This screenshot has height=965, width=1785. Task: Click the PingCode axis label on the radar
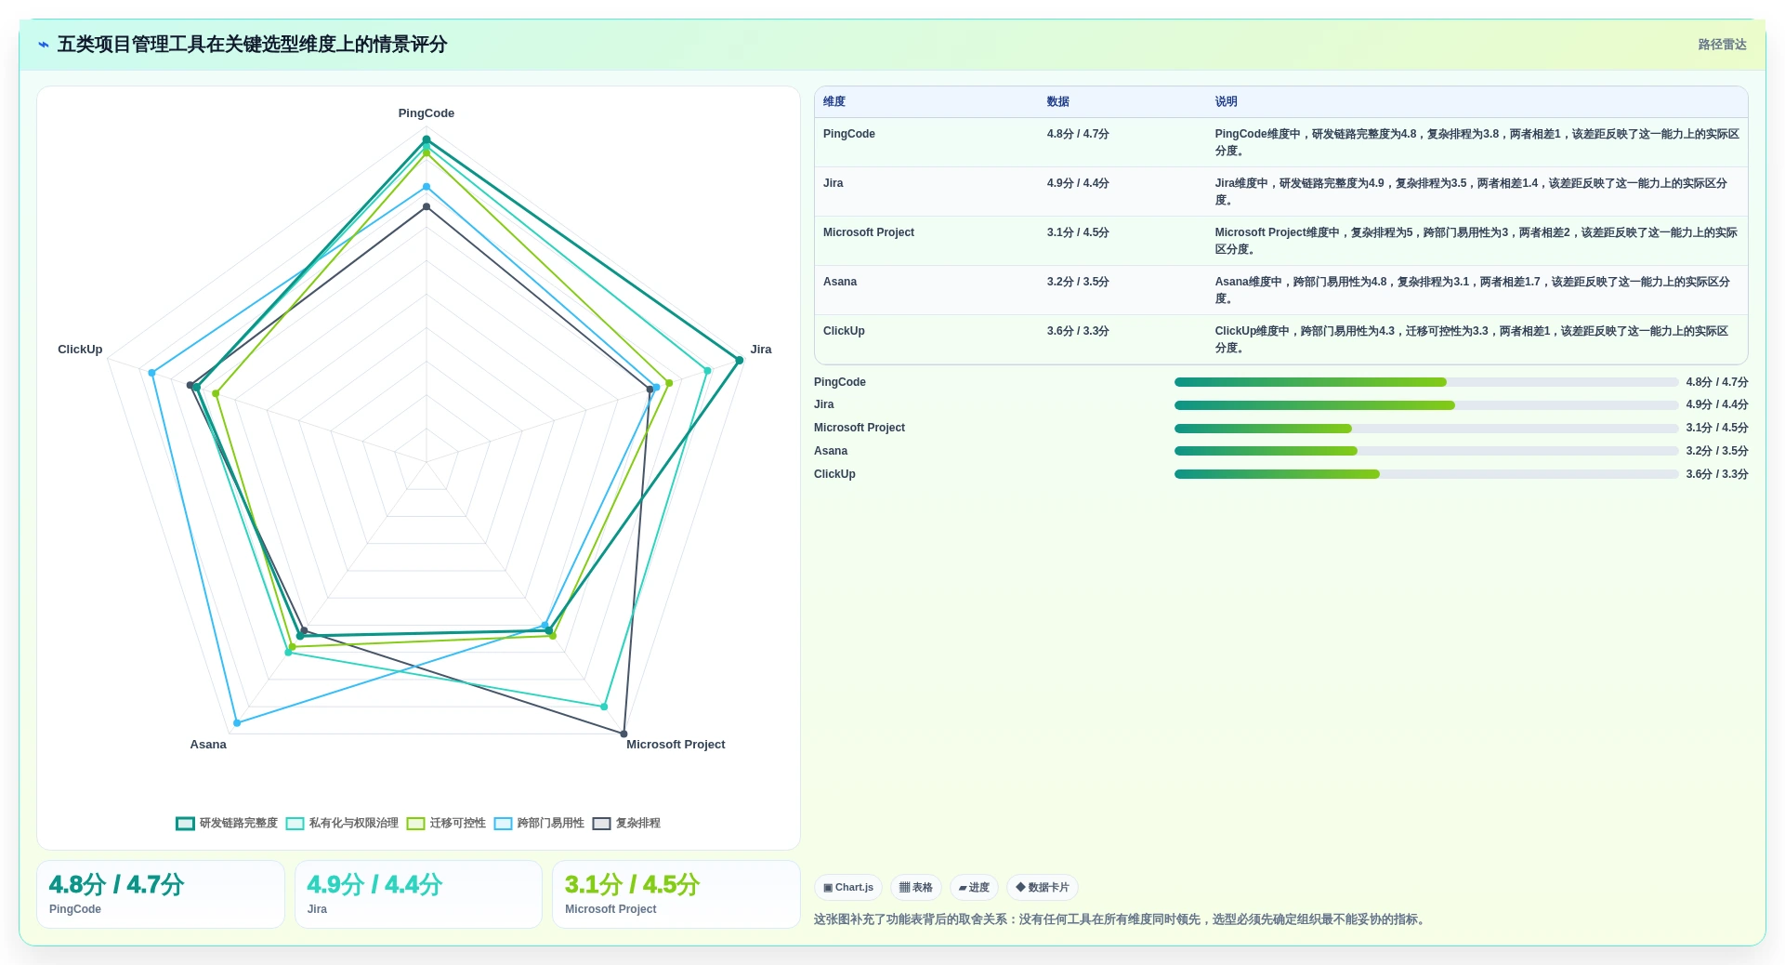pyautogui.click(x=427, y=113)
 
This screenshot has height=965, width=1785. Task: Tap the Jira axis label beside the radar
pyautogui.click(x=761, y=350)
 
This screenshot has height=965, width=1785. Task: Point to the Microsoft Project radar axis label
pyautogui.click(x=676, y=745)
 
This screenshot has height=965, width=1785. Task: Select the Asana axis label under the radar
pyautogui.click(x=208, y=745)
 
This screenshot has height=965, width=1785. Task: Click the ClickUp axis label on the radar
pyautogui.click(x=80, y=350)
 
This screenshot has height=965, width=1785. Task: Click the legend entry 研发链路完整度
pyautogui.click(x=227, y=824)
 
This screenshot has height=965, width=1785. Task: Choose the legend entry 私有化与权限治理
pyautogui.click(x=342, y=824)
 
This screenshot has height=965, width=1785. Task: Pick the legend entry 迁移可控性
pyautogui.click(x=446, y=824)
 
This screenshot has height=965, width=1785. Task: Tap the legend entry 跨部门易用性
pyautogui.click(x=539, y=824)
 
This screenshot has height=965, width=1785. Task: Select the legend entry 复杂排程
pyautogui.click(x=626, y=824)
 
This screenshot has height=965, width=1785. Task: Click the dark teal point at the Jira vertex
pyautogui.click(x=740, y=361)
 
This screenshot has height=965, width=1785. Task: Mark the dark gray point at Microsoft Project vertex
pyautogui.click(x=623, y=734)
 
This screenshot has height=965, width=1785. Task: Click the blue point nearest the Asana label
pyautogui.click(x=237, y=722)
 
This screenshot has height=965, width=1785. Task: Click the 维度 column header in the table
pyautogui.click(x=834, y=102)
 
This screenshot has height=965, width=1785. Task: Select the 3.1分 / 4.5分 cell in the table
pyautogui.click(x=1078, y=232)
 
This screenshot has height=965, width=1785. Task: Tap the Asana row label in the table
pyautogui.click(x=840, y=282)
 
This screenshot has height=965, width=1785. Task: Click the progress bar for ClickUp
pyautogui.click(x=1426, y=474)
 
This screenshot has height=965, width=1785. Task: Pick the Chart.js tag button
pyautogui.click(x=848, y=888)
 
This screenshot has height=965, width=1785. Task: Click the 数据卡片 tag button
pyautogui.click(x=1043, y=888)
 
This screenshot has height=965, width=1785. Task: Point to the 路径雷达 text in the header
pyautogui.click(x=1722, y=45)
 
